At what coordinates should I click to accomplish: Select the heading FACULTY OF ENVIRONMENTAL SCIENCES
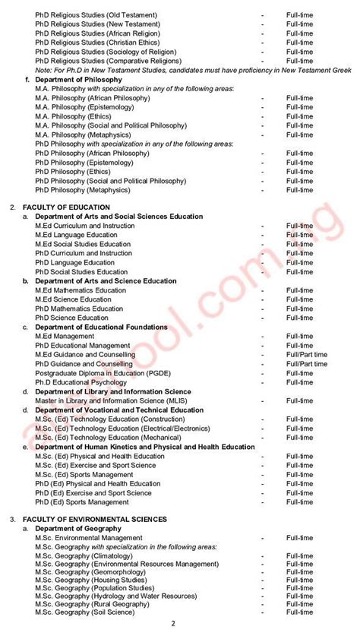[81, 519]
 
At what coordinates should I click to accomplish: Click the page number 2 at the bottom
[173, 624]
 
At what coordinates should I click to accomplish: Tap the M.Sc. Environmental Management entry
[88, 538]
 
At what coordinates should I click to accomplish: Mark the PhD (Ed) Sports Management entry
[82, 502]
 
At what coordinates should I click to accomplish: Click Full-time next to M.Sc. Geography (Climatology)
[299, 557]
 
